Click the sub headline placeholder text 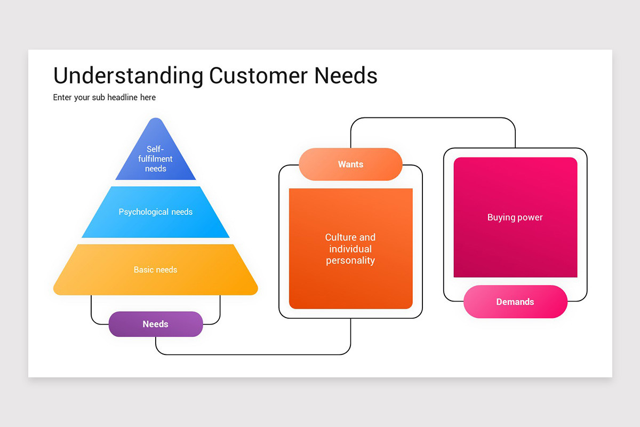(105, 97)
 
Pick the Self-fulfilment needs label (155, 159)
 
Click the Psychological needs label (155, 212)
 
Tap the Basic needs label (155, 270)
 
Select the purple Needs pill (155, 324)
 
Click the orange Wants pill (350, 164)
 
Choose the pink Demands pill (515, 302)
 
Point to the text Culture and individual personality (350, 249)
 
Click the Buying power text (515, 217)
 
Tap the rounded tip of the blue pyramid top (155, 121)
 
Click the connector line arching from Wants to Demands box (432, 118)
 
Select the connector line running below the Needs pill (251, 354)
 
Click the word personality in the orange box (350, 260)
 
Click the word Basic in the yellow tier (143, 270)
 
